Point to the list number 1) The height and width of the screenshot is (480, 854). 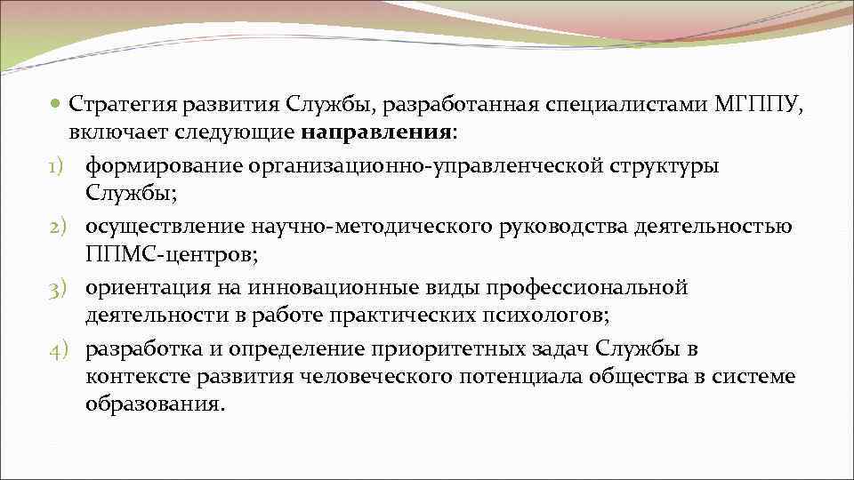coord(60,166)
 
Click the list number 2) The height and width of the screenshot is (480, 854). coord(60,227)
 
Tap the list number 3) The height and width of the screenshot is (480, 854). coord(60,287)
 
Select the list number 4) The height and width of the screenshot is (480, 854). coord(60,348)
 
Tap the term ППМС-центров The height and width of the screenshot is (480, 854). coord(170,255)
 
